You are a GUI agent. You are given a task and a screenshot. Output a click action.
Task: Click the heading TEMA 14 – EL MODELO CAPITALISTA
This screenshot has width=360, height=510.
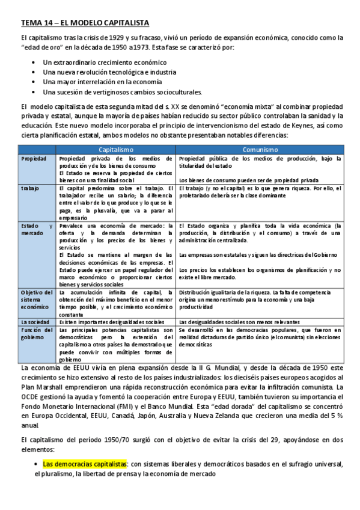[x=85, y=23]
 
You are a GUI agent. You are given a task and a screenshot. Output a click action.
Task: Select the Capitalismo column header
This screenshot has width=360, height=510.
[x=116, y=149]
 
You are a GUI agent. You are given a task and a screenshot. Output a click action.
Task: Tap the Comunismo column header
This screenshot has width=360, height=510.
[x=260, y=149]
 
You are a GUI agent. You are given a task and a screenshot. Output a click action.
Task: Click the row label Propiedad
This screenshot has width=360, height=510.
[x=34, y=158]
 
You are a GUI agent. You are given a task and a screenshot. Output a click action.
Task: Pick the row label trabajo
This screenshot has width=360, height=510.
[x=30, y=189]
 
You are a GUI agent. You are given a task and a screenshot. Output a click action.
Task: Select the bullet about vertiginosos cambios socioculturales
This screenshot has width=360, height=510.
[x=123, y=91]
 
